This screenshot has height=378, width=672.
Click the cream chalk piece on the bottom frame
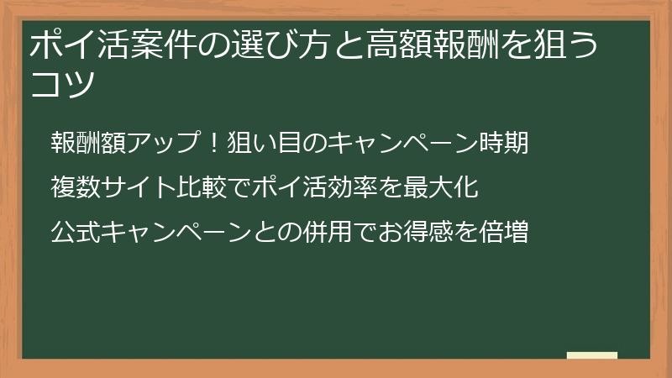coord(591,355)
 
